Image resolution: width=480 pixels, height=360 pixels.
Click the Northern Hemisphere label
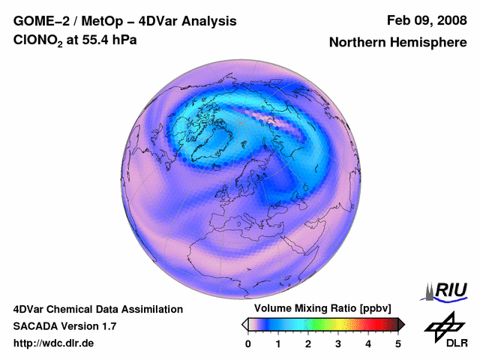(x=397, y=43)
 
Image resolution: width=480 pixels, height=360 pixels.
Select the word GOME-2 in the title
(x=43, y=21)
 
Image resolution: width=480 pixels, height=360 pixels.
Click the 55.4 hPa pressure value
(x=109, y=41)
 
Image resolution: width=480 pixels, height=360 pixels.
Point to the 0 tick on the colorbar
(x=248, y=343)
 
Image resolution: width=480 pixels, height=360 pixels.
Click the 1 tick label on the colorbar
(x=278, y=343)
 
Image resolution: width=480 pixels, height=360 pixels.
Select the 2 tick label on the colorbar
(x=308, y=343)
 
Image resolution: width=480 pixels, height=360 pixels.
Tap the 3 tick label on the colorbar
(x=338, y=343)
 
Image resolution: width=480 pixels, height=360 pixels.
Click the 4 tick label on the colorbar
(x=368, y=343)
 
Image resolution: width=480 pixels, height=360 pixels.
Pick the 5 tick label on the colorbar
(x=398, y=343)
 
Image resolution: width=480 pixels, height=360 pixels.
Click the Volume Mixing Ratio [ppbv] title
(x=320, y=308)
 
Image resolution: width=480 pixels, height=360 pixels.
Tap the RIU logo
(x=446, y=291)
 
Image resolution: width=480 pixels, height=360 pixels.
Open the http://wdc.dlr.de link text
(x=54, y=343)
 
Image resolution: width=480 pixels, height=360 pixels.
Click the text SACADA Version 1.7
(x=64, y=326)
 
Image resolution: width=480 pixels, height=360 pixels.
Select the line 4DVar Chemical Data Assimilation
(x=98, y=309)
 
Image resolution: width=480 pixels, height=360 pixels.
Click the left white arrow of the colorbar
(x=245, y=324)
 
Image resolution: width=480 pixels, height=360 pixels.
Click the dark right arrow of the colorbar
(x=401, y=324)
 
